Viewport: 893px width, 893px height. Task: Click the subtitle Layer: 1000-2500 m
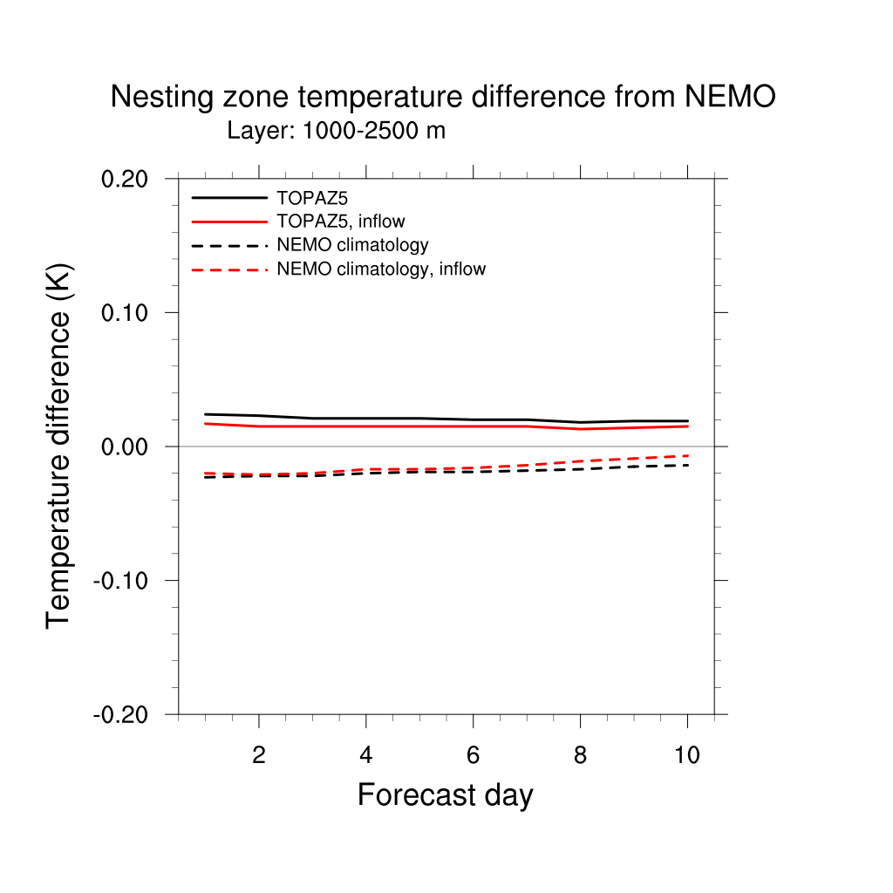pyautogui.click(x=336, y=132)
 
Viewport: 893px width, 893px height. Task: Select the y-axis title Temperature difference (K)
pyautogui.click(x=58, y=446)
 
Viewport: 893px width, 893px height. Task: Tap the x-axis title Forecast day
pyautogui.click(x=445, y=794)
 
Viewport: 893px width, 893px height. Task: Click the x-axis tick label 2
pyautogui.click(x=258, y=755)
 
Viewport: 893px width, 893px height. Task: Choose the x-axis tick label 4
pyautogui.click(x=365, y=755)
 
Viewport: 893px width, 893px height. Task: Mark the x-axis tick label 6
pyautogui.click(x=473, y=755)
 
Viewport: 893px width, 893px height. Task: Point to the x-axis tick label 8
pyautogui.click(x=580, y=755)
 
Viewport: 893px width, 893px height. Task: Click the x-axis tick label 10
pyautogui.click(x=687, y=755)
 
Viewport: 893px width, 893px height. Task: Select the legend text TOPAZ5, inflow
pyautogui.click(x=340, y=222)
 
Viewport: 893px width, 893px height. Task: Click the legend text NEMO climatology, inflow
pyautogui.click(x=380, y=269)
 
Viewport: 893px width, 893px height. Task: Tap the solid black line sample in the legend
pyautogui.click(x=229, y=198)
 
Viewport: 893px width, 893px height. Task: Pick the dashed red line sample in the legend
pyautogui.click(x=229, y=269)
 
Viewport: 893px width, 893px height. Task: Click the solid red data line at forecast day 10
pyautogui.click(x=687, y=426)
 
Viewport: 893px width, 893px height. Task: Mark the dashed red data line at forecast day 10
pyautogui.click(x=687, y=455)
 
